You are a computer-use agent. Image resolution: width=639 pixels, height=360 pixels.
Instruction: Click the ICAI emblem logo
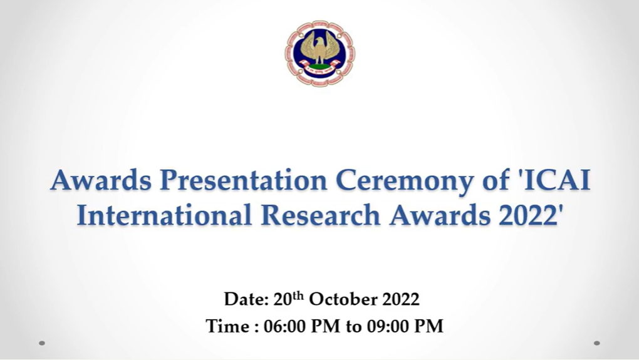tap(320, 53)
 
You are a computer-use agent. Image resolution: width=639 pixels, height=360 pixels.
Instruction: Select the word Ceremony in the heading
tap(405, 181)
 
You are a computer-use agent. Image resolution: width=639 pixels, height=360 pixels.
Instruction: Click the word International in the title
tap(164, 215)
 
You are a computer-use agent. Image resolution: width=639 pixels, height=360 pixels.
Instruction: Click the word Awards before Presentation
tap(101, 180)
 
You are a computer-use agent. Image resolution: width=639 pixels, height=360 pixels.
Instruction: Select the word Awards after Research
tap(440, 215)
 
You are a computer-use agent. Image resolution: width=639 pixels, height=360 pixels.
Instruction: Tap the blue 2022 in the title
tap(527, 215)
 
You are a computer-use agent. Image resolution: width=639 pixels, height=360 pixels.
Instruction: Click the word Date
tap(246, 299)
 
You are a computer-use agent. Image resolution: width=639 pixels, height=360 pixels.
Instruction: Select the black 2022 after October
tap(400, 299)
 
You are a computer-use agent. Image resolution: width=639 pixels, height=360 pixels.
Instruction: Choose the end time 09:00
tap(388, 326)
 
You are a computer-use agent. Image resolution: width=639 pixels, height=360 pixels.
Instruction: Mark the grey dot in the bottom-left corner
tap(41, 343)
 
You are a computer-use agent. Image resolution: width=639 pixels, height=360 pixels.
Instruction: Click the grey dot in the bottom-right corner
tap(596, 343)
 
